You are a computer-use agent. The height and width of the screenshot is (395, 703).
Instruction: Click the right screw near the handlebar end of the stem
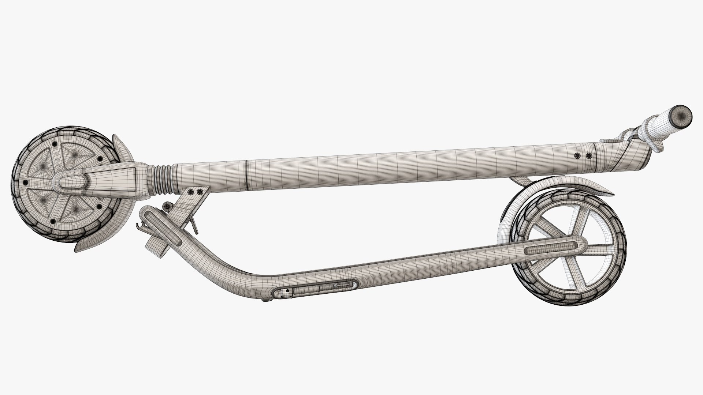pos(588,156)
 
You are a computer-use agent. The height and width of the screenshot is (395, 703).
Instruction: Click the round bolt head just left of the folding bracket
pos(168,206)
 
